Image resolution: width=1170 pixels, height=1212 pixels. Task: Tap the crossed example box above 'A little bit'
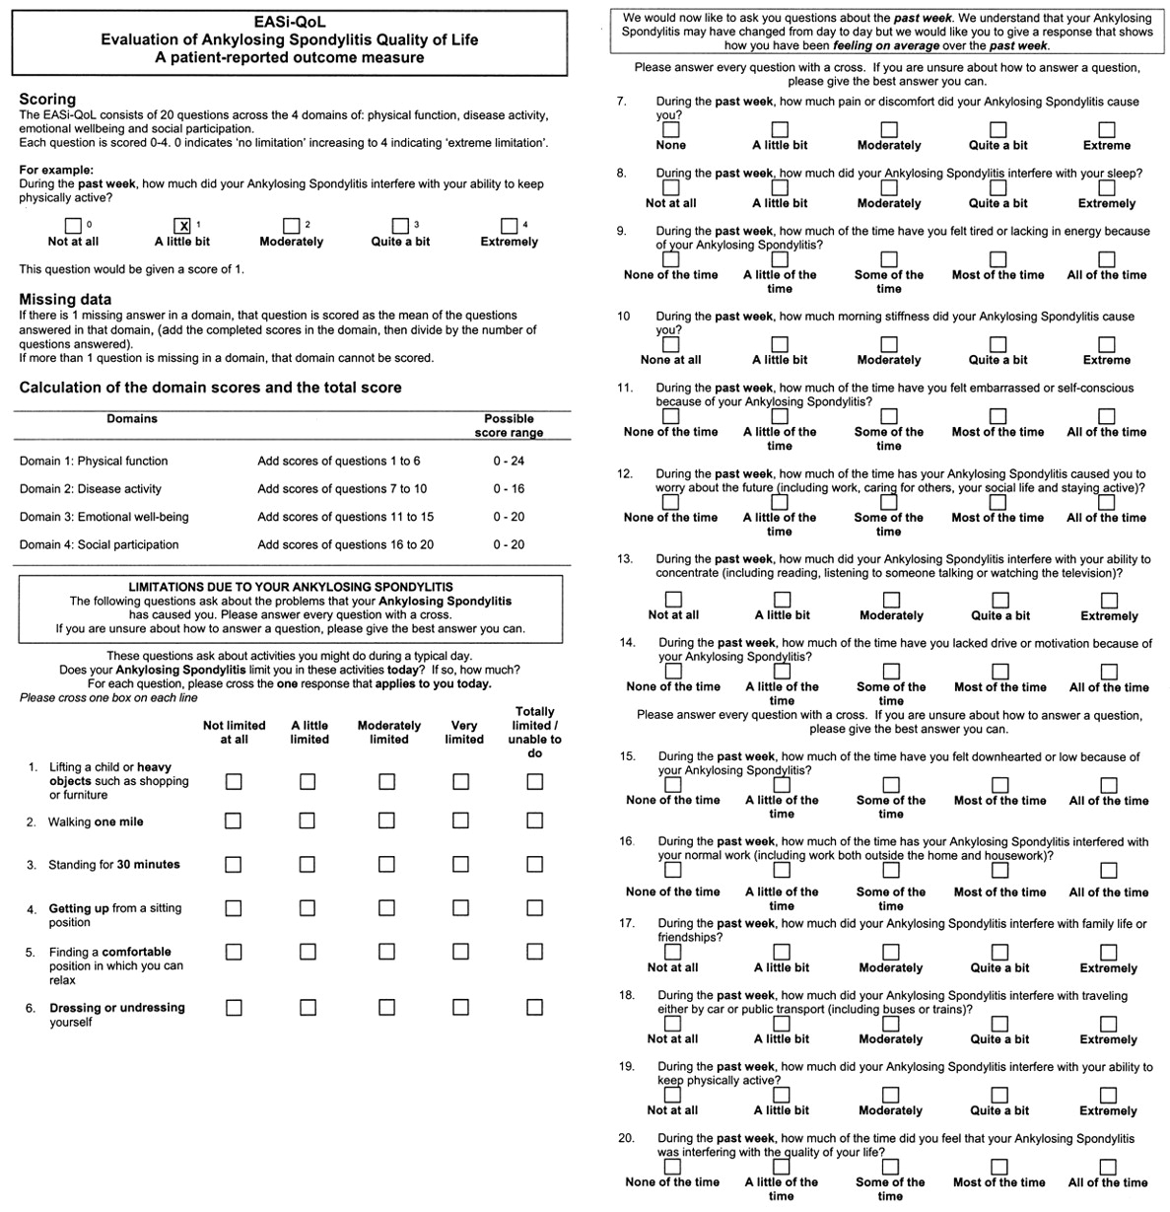[x=182, y=226]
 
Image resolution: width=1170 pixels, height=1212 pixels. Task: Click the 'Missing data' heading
[x=65, y=299]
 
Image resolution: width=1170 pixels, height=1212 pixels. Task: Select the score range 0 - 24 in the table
[x=509, y=461]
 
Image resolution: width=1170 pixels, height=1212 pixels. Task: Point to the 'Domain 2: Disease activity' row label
[x=91, y=488]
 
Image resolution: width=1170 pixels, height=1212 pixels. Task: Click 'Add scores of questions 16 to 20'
[x=345, y=544]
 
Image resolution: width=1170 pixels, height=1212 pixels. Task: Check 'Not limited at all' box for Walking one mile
[x=234, y=820]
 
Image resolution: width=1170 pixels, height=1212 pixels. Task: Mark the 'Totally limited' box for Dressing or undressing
[x=534, y=1007]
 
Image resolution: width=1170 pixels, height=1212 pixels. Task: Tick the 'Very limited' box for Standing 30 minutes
[x=460, y=864]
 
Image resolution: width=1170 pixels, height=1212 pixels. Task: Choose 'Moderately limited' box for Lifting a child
[x=386, y=781]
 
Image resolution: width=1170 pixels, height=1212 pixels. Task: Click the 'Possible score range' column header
[x=509, y=425]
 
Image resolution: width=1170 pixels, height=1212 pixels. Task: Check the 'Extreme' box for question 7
[x=1107, y=129]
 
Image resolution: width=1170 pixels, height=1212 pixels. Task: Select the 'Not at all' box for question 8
[x=671, y=187]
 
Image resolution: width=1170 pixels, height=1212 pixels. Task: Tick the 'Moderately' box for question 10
[x=889, y=344]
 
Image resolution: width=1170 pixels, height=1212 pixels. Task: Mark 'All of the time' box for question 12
[x=1107, y=502]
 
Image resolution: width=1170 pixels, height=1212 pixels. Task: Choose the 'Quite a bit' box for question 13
[x=1000, y=600]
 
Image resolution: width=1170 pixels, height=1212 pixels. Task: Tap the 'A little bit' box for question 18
[x=782, y=1024]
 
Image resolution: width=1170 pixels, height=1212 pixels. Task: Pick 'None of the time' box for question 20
[x=672, y=1167]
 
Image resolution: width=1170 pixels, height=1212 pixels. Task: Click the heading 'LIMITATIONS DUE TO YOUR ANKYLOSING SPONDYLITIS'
[x=291, y=587]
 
